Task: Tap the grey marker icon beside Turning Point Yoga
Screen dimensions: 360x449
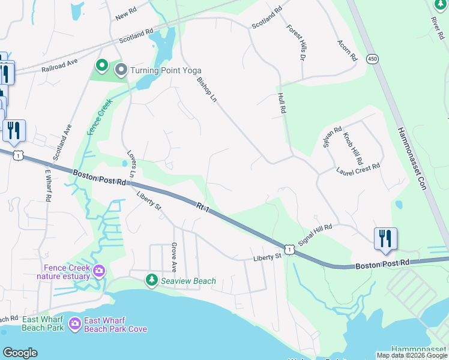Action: pyautogui.click(x=121, y=70)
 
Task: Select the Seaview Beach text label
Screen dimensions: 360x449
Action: pyautogui.click(x=188, y=280)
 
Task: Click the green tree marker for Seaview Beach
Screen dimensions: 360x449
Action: pyautogui.click(x=152, y=280)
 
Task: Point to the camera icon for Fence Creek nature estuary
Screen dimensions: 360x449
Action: pyautogui.click(x=98, y=271)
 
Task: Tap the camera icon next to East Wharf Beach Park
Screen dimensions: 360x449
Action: pyautogui.click(x=74, y=324)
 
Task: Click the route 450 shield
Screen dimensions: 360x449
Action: pyautogui.click(x=373, y=59)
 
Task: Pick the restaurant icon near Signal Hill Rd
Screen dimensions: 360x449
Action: pyautogui.click(x=384, y=238)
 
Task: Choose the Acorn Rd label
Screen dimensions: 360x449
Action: pyautogui.click(x=348, y=50)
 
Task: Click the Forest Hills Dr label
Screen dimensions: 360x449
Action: pyautogui.click(x=296, y=43)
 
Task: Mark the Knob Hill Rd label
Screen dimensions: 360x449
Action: pyautogui.click(x=353, y=149)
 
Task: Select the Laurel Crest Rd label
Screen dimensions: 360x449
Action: pyautogui.click(x=359, y=169)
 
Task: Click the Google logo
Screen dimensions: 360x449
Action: pyautogui.click(x=20, y=353)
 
